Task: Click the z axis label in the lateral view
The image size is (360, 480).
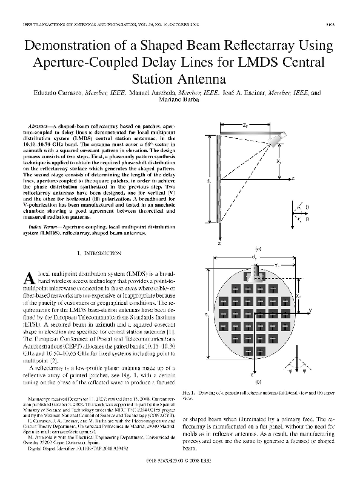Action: tap(292, 179)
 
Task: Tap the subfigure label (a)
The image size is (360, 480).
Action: tap(258, 248)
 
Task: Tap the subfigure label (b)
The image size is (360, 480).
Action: tap(258, 381)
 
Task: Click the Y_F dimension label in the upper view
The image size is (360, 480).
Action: tap(277, 264)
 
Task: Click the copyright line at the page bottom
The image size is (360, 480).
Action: tap(180, 462)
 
